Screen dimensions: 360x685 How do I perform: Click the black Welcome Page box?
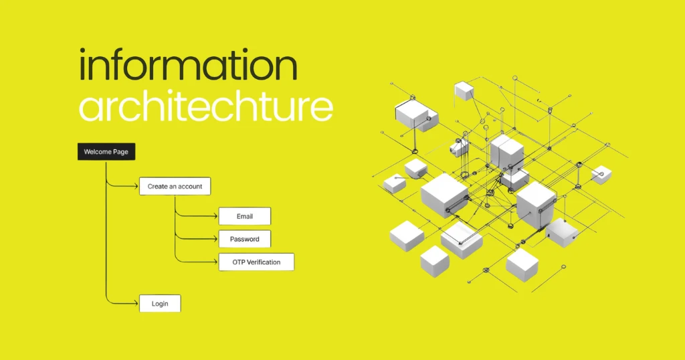click(106, 152)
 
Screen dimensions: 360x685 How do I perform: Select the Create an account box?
click(175, 186)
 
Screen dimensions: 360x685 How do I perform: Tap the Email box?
click(245, 216)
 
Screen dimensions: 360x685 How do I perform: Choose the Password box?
click(245, 239)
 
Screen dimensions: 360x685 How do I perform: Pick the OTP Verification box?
click(256, 262)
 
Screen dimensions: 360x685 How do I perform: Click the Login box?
click(160, 303)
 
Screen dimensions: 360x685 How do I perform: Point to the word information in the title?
click(188, 67)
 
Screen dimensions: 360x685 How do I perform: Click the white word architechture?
click(205, 107)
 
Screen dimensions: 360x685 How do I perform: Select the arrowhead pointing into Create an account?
click(136, 186)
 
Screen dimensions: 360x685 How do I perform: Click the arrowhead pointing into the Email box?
click(215, 216)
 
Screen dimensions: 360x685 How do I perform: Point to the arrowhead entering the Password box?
click(215, 239)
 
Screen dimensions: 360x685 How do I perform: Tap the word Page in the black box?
click(120, 152)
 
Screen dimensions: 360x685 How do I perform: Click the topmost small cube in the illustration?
click(464, 91)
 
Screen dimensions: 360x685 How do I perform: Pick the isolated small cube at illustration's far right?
click(601, 175)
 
